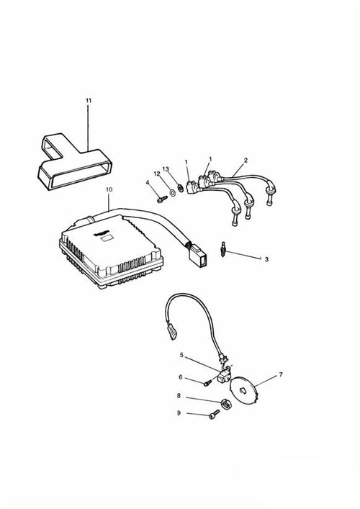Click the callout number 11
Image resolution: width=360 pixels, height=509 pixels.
tap(89, 101)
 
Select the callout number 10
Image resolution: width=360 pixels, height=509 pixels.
tap(109, 189)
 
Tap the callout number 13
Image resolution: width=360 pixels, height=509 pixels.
tap(166, 168)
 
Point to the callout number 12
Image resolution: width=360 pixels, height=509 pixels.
tap(157, 174)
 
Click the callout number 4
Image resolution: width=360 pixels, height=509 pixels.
tap(148, 183)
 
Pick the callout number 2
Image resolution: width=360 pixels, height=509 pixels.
tap(246, 160)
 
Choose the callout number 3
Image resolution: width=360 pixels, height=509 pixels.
tap(266, 259)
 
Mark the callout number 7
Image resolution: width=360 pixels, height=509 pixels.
tap(281, 375)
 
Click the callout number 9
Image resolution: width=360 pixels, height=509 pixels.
tap(179, 413)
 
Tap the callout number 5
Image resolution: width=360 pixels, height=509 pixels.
tap(181, 355)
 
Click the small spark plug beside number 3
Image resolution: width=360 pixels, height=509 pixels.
tap(223, 249)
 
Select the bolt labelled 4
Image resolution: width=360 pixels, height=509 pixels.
tap(162, 199)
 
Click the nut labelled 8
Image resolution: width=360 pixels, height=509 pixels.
tap(225, 404)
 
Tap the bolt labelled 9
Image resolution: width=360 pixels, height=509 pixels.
tap(215, 414)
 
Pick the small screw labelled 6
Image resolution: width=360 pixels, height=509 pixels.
tap(207, 384)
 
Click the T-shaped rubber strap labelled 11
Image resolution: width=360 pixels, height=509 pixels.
tap(75, 161)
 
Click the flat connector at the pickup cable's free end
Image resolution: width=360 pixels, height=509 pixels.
tap(172, 332)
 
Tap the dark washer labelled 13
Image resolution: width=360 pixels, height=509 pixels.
tap(181, 188)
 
